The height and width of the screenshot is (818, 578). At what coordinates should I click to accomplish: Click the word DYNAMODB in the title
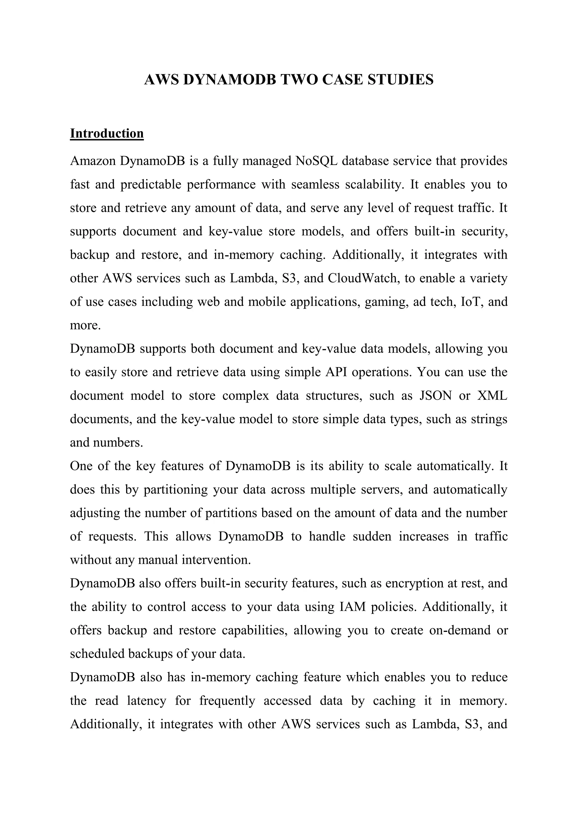pos(229,79)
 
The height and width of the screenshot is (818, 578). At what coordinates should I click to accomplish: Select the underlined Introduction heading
pos(107,133)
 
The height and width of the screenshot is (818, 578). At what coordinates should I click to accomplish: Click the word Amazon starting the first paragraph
pos(93,161)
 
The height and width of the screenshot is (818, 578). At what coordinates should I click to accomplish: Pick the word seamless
pos(315,184)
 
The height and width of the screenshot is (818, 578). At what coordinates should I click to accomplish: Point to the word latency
pos(146,700)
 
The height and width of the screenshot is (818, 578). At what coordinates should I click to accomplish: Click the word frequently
pos(227,700)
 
